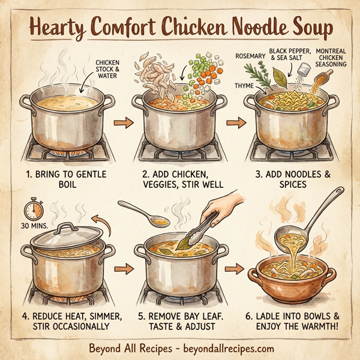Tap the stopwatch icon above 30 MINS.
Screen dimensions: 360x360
pyautogui.click(x=34, y=209)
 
